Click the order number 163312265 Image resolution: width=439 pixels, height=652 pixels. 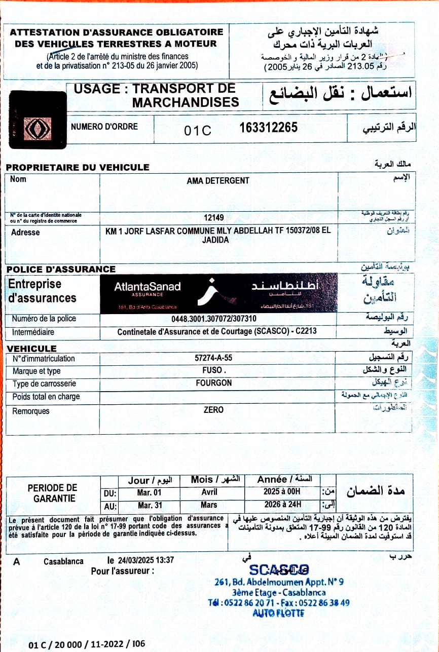click(268, 128)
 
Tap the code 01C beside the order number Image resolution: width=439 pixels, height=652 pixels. click(198, 131)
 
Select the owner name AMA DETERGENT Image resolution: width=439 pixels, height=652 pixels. click(218, 181)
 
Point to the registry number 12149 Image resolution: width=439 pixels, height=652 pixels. click(214, 217)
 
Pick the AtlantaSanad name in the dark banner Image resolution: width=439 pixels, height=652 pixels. click(148, 287)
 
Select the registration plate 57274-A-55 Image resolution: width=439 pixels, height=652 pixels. click(213, 358)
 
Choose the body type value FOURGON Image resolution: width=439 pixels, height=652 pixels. click(213, 383)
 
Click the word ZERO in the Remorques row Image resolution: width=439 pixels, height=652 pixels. click(213, 409)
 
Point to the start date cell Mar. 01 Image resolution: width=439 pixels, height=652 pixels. click(150, 492)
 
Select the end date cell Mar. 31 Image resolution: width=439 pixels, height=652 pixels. click(150, 505)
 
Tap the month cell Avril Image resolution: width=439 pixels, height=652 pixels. click(209, 492)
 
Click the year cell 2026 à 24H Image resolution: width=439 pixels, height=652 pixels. click(282, 505)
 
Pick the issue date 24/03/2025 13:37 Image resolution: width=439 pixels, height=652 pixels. click(146, 560)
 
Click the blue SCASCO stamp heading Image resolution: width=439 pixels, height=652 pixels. click(279, 569)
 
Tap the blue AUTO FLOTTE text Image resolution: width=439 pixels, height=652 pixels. click(278, 613)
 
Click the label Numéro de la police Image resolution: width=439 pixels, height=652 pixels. click(44, 319)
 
